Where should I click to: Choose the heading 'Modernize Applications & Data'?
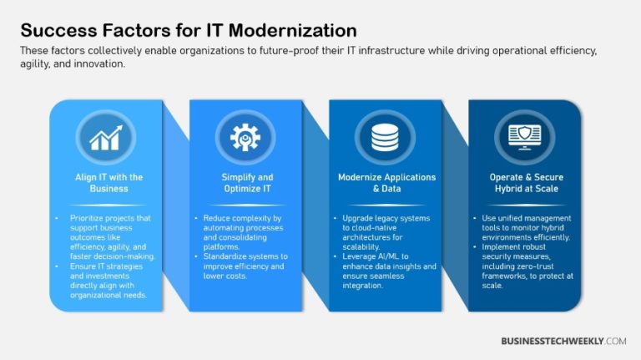(386, 183)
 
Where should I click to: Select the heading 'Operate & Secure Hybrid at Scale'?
(524, 183)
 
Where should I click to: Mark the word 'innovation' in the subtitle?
(100, 63)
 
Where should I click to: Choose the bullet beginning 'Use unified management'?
(526, 228)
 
